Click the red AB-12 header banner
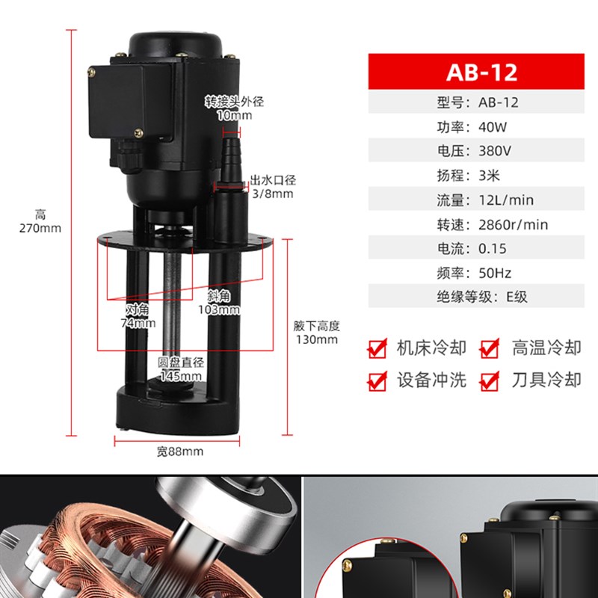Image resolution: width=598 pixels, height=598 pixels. coord(482,73)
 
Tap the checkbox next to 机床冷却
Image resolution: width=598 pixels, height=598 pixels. coord(377,348)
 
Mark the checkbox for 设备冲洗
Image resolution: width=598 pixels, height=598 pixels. coord(377,381)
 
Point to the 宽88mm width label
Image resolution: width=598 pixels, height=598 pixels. coord(179,451)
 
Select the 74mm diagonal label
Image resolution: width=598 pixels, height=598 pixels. coord(138,324)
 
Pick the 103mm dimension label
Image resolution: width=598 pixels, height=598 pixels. coord(218,309)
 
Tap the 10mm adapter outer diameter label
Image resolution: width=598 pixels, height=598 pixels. coord(235,116)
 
